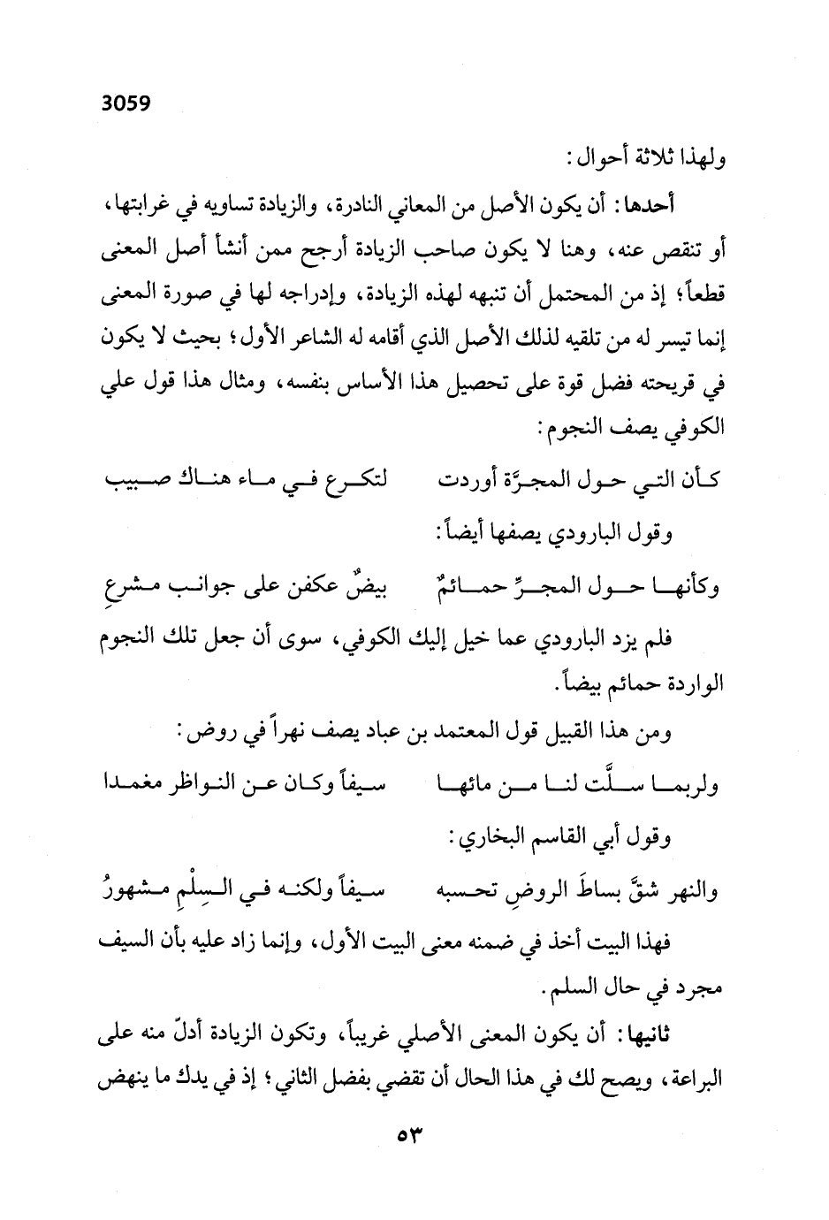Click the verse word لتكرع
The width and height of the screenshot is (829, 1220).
pos(370,482)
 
